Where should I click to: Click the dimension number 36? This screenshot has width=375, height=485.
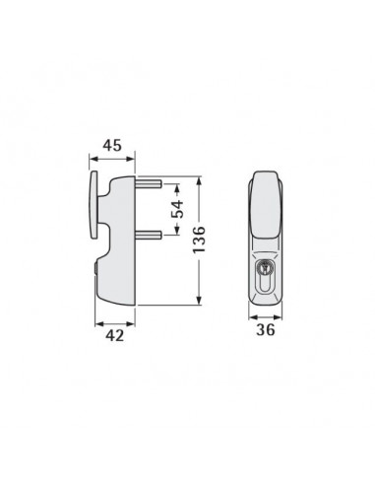point(264,330)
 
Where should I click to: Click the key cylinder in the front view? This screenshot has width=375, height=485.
point(265,268)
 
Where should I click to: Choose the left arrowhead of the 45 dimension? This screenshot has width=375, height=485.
point(93,159)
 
